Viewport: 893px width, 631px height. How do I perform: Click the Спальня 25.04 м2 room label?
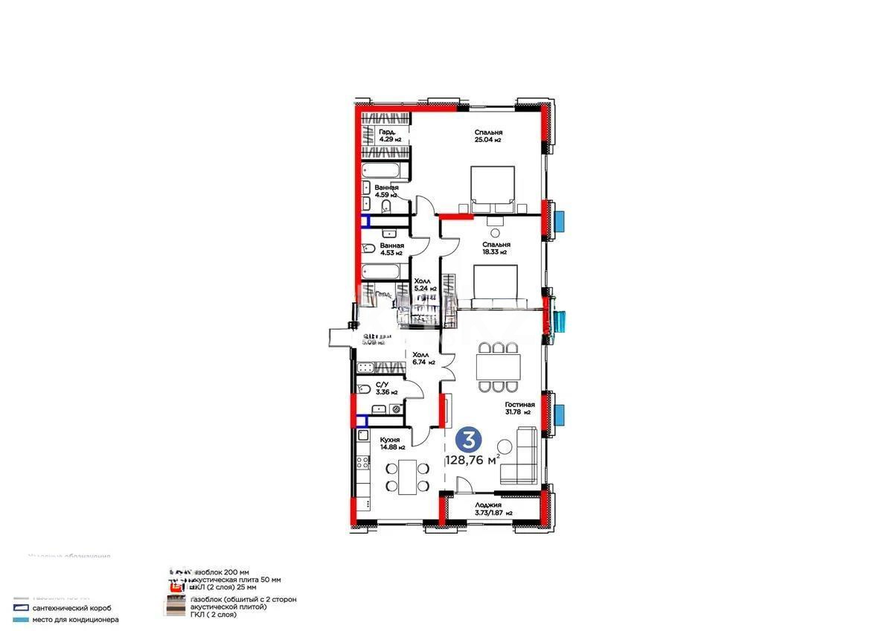click(x=488, y=136)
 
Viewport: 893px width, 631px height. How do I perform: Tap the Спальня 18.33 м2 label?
click(x=494, y=248)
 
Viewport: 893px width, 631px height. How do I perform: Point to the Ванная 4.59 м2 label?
click(x=386, y=191)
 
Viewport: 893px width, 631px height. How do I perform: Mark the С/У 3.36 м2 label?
click(x=386, y=388)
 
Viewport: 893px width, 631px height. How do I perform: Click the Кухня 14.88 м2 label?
click(x=391, y=443)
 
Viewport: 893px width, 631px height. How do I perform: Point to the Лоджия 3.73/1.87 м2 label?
click(x=493, y=509)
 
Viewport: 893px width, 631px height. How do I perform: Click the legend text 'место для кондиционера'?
click(x=74, y=619)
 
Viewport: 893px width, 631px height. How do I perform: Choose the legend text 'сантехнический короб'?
click(x=72, y=608)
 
